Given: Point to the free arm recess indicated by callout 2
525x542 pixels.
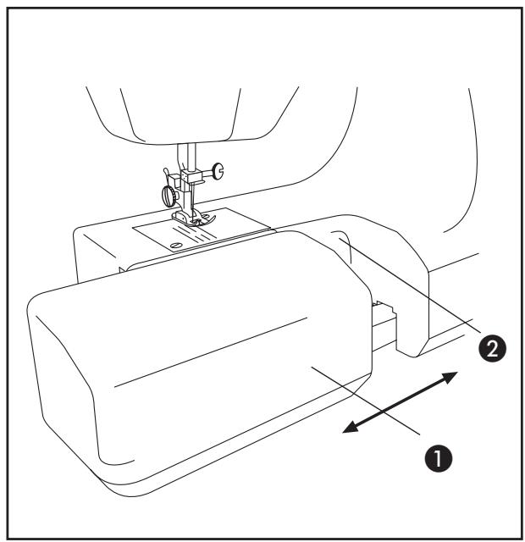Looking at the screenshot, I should coord(339,241).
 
